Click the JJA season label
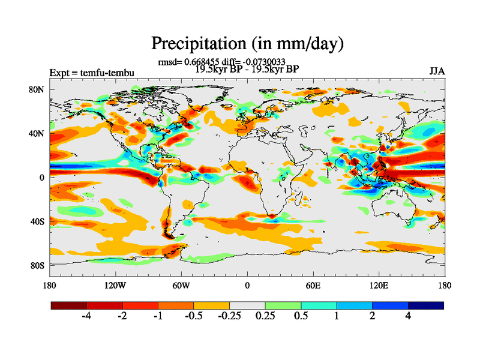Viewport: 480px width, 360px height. [437, 71]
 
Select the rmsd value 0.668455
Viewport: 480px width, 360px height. [200, 62]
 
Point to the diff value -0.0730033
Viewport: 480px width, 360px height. [264, 62]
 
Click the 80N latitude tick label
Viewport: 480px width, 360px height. [37, 89]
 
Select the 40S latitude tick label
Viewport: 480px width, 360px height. [38, 221]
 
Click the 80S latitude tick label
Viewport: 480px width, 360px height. [38, 265]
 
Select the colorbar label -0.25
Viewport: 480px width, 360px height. [229, 317]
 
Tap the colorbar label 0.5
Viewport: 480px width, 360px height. [301, 317]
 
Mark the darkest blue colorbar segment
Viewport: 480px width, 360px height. [425, 305]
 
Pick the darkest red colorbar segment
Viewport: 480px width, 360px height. [69, 305]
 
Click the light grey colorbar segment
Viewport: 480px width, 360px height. [247, 305]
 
